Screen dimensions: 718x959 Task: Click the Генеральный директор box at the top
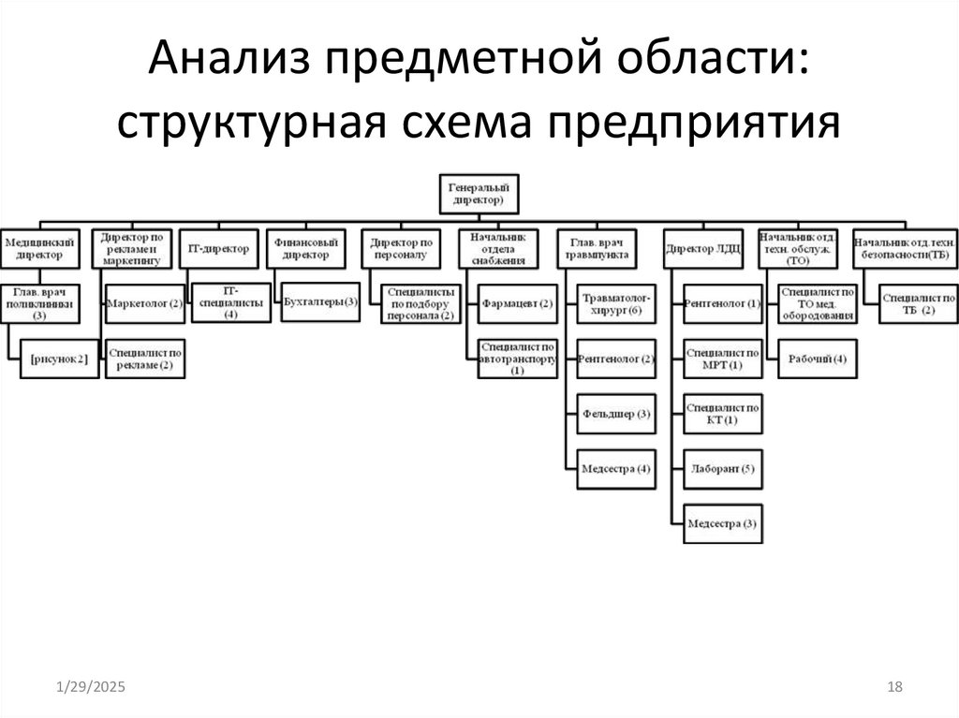tap(477, 194)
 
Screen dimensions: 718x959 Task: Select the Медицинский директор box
tap(39, 248)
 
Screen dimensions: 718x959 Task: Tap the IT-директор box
tap(219, 249)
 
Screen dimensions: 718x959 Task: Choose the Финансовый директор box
tap(302, 248)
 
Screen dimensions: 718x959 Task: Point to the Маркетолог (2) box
tap(144, 303)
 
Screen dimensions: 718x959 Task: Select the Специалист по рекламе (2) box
tap(144, 358)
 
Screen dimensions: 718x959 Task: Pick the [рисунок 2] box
tap(59, 359)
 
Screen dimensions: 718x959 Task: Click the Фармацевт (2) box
tap(517, 303)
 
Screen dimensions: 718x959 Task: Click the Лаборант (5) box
tap(722, 467)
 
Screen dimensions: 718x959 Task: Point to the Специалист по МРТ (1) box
tap(722, 358)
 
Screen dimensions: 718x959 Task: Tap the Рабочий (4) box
tap(818, 359)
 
